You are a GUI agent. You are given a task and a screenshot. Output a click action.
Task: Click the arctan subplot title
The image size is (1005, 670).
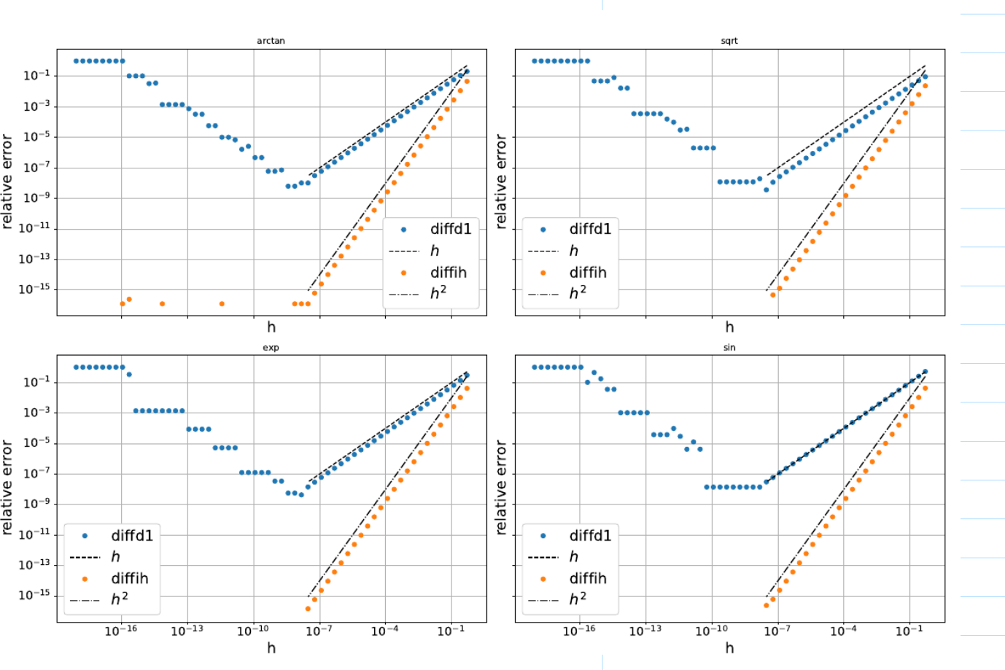point(271,41)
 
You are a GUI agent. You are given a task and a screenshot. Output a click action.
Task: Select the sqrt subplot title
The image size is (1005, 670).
point(729,41)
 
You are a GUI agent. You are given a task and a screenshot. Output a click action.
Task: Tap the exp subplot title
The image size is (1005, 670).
point(271,348)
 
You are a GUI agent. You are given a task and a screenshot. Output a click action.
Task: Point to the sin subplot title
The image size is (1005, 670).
point(729,348)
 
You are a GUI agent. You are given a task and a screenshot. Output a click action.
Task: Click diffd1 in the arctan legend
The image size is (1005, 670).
point(450,229)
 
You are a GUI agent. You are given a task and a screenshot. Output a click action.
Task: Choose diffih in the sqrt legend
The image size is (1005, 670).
point(587,273)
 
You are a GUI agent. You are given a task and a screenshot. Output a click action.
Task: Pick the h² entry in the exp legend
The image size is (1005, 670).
point(120,599)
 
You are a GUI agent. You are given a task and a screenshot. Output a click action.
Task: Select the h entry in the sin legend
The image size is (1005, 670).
point(574,557)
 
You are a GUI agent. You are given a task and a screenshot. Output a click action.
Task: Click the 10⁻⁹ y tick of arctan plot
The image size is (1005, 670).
point(35,198)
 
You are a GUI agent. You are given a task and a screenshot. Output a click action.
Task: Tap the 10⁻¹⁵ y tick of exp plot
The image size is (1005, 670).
point(34,595)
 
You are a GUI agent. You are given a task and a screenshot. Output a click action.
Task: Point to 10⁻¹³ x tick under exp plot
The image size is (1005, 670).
point(187,631)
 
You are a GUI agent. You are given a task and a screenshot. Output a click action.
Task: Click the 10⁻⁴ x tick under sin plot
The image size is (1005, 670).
point(843,631)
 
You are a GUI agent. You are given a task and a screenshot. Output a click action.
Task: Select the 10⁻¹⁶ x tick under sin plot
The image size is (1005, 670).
point(579,631)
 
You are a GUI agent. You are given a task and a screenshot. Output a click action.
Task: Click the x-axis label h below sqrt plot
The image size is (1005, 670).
point(729,327)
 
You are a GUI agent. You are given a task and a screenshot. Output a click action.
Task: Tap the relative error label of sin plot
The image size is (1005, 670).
point(500,487)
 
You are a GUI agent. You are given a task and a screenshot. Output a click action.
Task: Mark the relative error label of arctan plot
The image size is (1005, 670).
point(7,182)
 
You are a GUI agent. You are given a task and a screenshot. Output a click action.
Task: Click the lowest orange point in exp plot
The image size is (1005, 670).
point(308,609)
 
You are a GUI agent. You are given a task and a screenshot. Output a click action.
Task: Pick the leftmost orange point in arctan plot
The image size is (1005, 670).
point(123,303)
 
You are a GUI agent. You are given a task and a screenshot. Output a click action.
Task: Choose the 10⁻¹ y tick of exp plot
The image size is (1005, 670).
point(36,381)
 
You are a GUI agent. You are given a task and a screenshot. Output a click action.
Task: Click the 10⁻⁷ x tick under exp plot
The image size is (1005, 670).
point(319,631)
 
